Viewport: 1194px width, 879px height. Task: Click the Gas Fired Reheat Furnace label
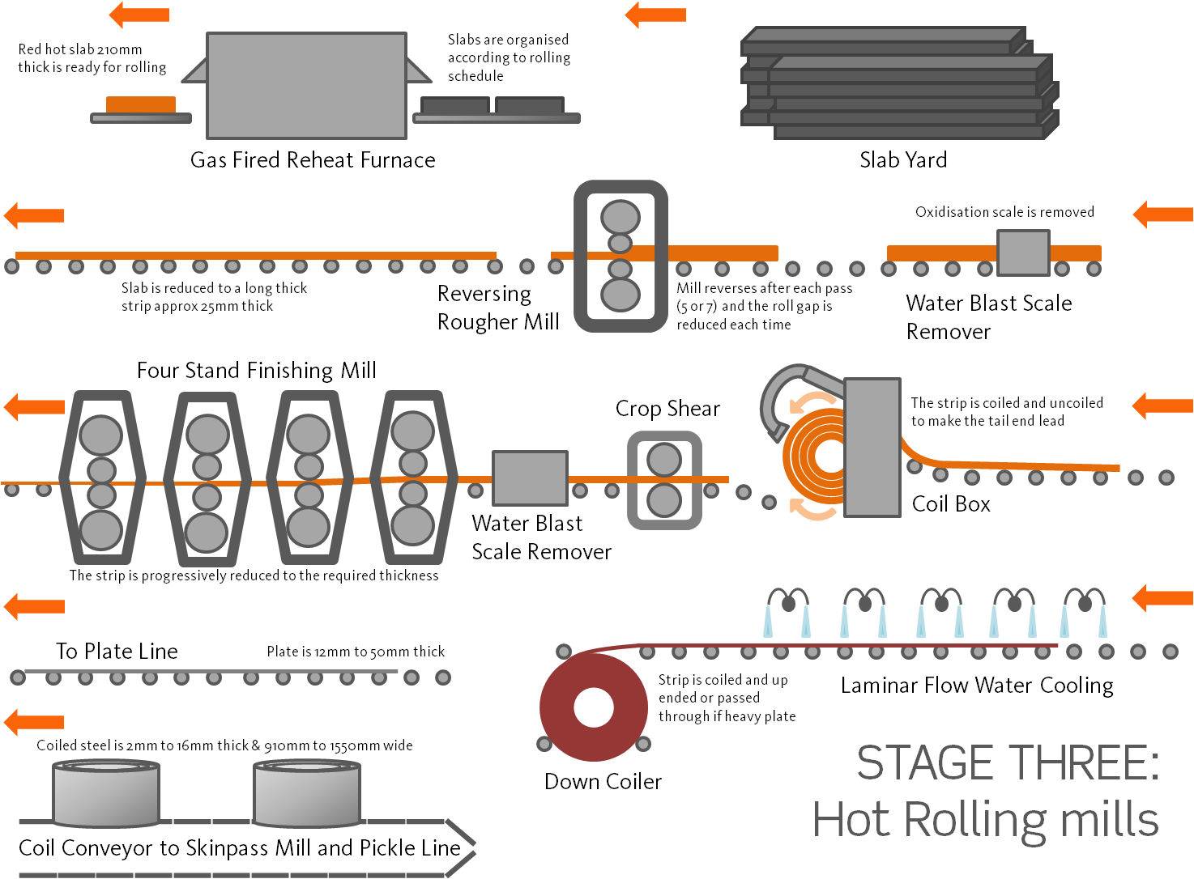coord(313,160)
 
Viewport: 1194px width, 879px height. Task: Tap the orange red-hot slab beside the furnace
coord(141,104)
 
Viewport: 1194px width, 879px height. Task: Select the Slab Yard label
coord(903,160)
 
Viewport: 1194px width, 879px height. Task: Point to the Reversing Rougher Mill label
coord(498,308)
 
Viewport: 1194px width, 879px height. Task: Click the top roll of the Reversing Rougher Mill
coord(620,217)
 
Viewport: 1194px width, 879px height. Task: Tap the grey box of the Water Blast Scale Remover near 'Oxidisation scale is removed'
coord(1023,253)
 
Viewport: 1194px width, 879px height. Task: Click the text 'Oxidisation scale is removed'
coord(1004,212)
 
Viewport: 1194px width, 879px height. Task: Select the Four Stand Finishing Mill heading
coord(256,371)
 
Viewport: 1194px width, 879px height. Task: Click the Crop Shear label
coord(667,409)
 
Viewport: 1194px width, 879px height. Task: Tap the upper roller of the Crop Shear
coord(664,460)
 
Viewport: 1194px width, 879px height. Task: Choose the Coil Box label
coord(951,504)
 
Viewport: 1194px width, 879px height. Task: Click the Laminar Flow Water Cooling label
coord(977,686)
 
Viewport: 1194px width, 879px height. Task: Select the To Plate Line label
coord(117,652)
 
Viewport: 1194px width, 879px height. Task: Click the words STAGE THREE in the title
coord(1008,763)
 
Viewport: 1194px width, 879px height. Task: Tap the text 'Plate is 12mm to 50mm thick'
coord(356,652)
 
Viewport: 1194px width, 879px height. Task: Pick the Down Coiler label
coord(603,782)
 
